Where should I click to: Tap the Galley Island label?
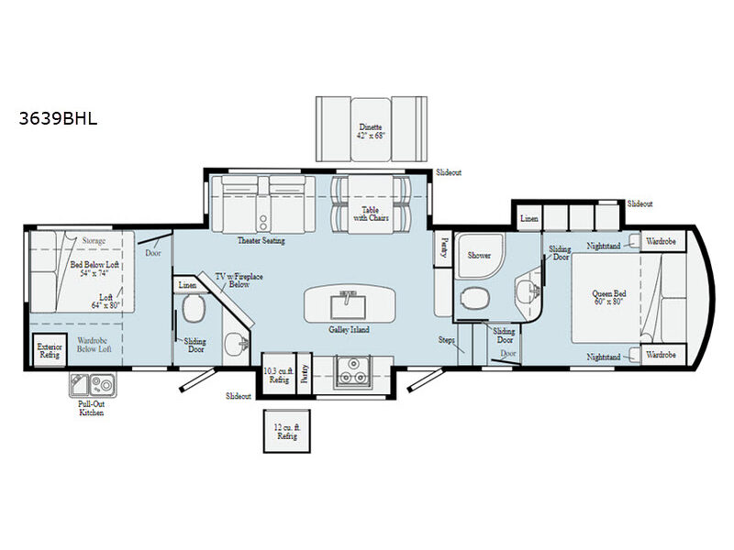pos(350,329)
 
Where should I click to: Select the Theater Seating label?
pos(262,241)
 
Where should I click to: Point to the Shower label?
pos(479,256)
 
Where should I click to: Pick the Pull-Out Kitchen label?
pos(90,409)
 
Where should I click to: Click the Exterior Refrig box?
pos(47,352)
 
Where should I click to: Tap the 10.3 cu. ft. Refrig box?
pos(277,375)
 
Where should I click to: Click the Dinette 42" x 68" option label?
pos(372,131)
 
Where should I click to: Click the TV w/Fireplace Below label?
pos(233,280)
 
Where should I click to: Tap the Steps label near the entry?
pos(447,339)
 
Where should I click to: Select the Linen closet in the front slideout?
pos(528,219)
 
